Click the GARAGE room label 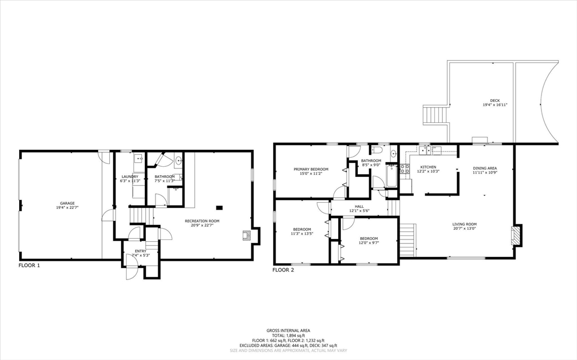pos(68,203)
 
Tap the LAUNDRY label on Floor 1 pos(130,177)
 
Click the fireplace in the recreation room pos(246,236)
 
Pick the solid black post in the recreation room pos(219,207)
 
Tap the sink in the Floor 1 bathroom pos(179,161)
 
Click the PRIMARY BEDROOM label pos(310,169)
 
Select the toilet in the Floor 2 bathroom pos(378,150)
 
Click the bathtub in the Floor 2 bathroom pos(390,180)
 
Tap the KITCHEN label pos(428,167)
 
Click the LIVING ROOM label pos(464,224)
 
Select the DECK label pos(495,101)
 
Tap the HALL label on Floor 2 pos(358,206)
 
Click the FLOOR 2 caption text pos(283,270)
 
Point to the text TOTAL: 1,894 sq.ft pos(288,336)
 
